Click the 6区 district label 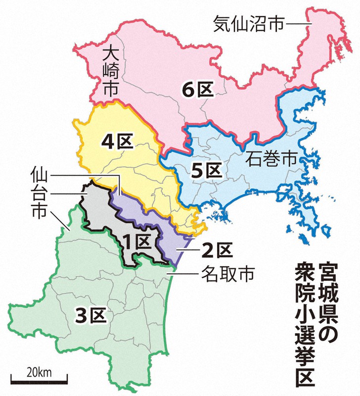click(x=197, y=91)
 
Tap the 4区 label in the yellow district click(x=118, y=142)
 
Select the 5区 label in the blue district click(x=205, y=171)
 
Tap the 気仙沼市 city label click(x=249, y=24)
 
